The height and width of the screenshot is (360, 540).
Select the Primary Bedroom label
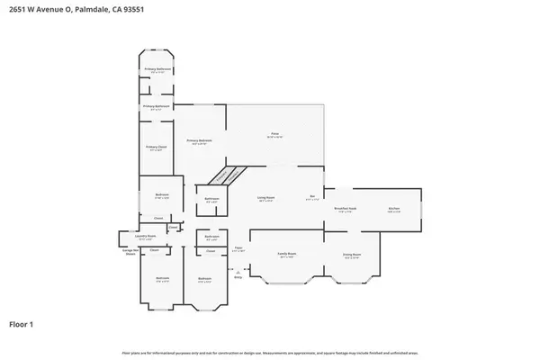pos(199,140)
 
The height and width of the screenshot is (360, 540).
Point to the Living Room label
pos(266,197)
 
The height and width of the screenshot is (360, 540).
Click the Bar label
pos(312,197)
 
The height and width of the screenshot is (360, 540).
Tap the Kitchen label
pos(393,208)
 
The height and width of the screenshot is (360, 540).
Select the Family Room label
pos(288,255)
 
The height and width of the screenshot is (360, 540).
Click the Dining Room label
pos(351,255)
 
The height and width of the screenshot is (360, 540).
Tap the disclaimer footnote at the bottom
pos(270,353)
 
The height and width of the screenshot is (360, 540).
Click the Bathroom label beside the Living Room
pos(211,199)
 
